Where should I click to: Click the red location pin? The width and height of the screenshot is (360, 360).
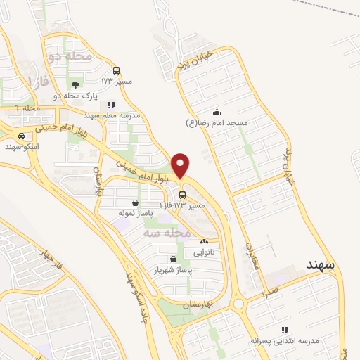click(181, 165)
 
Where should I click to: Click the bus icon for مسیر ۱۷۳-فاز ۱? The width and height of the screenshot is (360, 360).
click(183, 195)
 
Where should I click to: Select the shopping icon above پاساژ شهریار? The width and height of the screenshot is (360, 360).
click(153, 259)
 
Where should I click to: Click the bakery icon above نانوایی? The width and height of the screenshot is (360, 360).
click(204, 241)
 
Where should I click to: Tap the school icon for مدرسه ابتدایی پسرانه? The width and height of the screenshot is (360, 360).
click(285, 329)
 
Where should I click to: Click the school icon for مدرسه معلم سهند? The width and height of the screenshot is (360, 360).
click(111, 104)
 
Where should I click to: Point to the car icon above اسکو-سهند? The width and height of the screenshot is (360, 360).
click(22, 136)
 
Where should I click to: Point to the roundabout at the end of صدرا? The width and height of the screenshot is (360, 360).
click(240, 304)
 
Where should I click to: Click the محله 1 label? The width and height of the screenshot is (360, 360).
click(29, 108)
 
